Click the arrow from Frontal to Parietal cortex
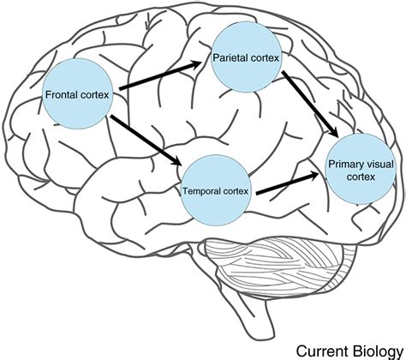pyautogui.click(x=162, y=75)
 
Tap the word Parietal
pyautogui.click(x=235, y=60)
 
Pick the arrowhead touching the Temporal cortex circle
pyautogui.click(x=177, y=163)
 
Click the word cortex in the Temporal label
pyautogui.click(x=237, y=189)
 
